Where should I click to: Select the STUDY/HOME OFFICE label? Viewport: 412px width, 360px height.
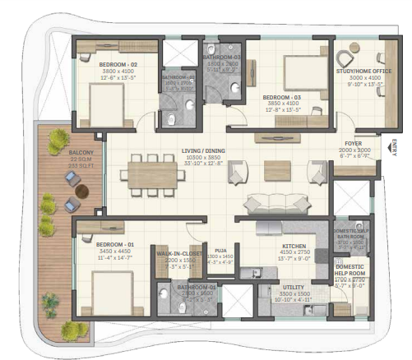click(363, 72)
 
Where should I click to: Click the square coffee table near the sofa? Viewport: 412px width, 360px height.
click(274, 170)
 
